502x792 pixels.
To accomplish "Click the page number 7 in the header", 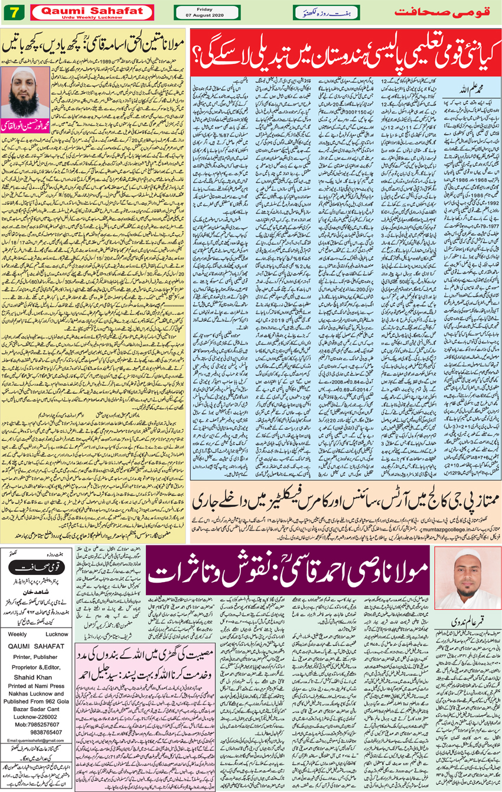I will [x=12, y=12].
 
